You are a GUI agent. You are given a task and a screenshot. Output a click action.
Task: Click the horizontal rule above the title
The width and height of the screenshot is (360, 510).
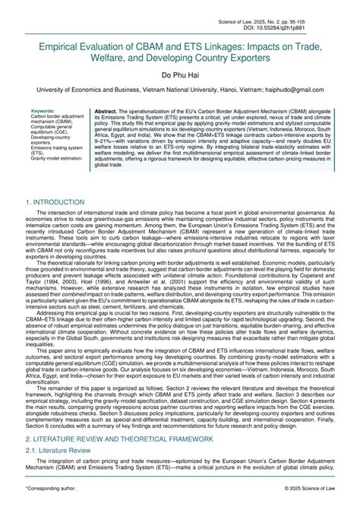pyautogui.click(x=179, y=27)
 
